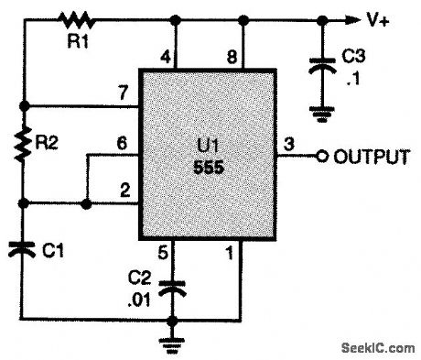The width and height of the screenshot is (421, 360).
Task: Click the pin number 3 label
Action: pos(290,144)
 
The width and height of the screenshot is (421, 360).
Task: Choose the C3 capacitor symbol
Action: pos(323,65)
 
